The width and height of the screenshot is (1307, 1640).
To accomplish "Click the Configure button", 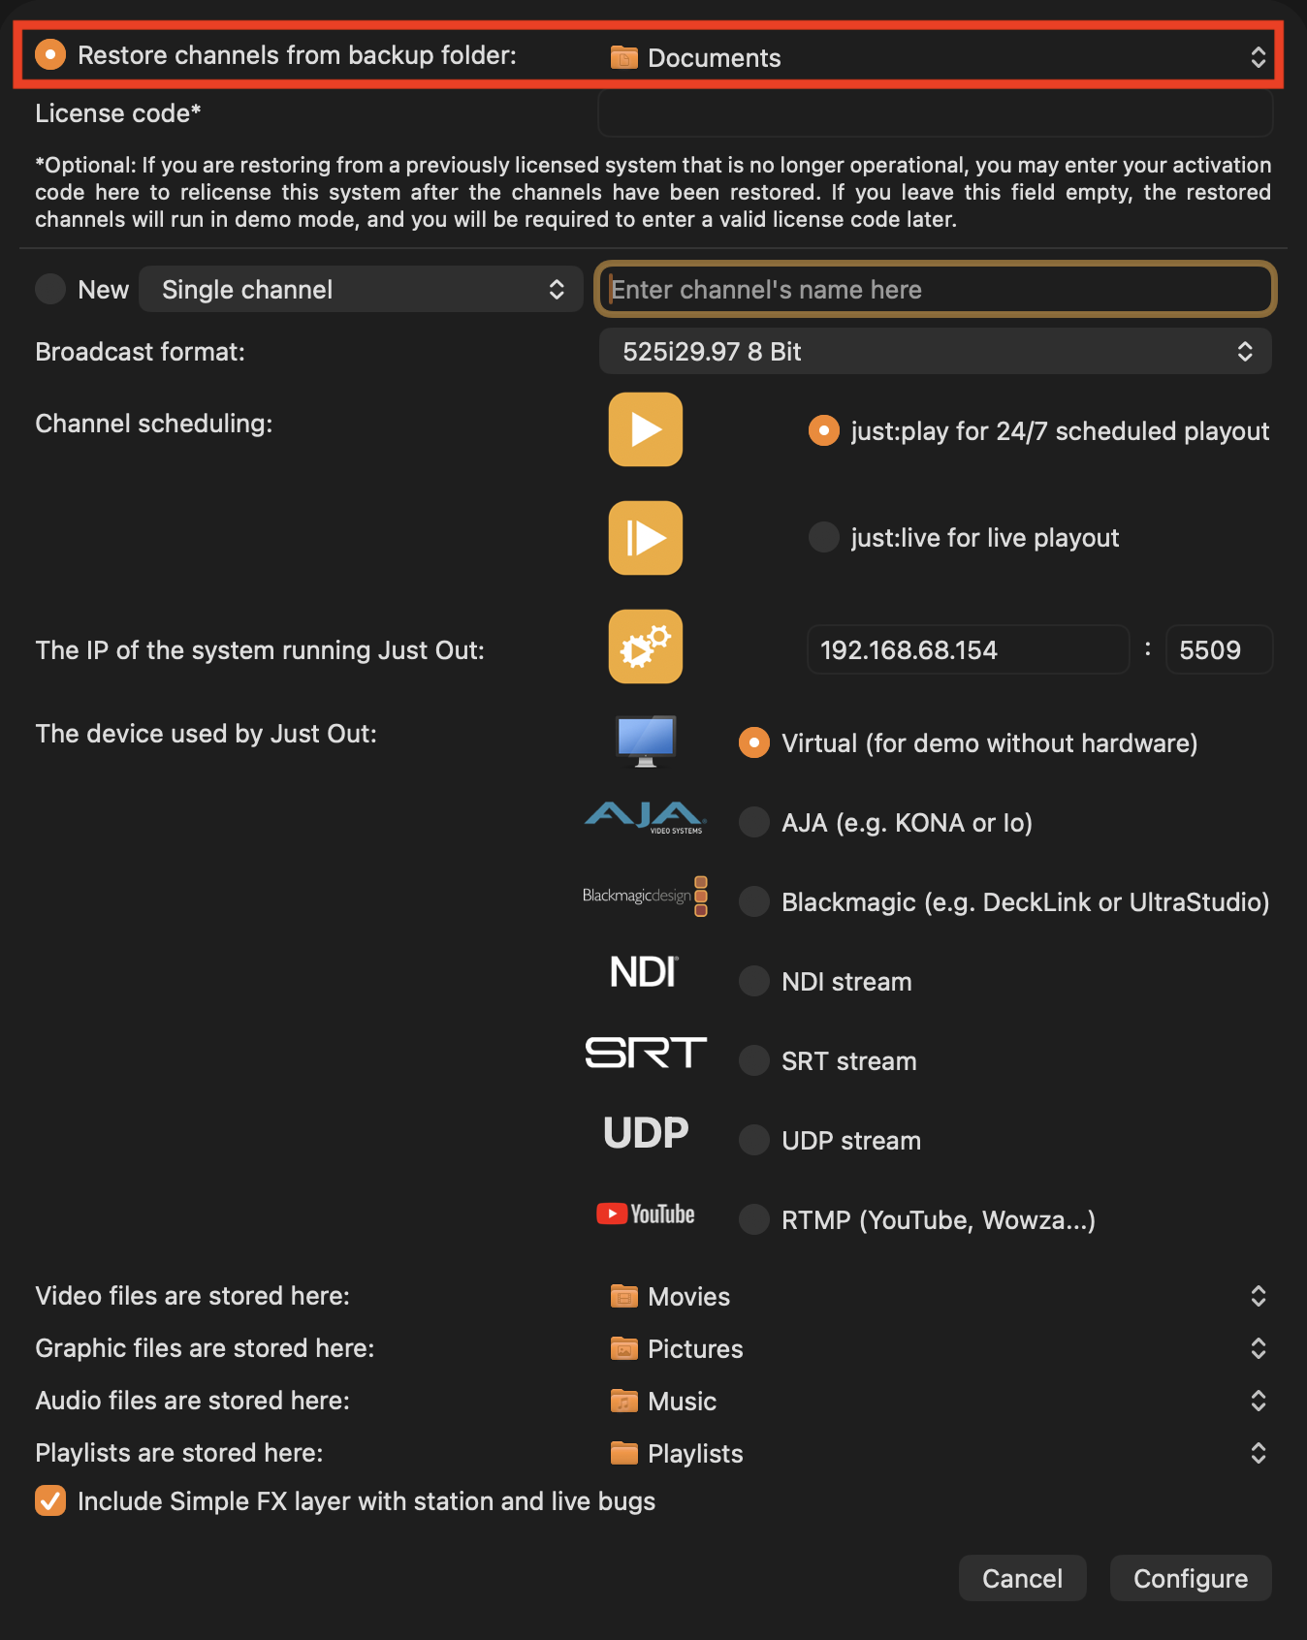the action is tap(1191, 1578).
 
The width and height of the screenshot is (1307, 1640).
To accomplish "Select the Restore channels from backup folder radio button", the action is tap(50, 54).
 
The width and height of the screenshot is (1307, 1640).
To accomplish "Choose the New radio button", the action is tap(50, 289).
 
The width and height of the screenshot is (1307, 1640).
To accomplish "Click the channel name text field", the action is tap(935, 289).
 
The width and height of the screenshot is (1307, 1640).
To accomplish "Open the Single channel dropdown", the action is tap(361, 289).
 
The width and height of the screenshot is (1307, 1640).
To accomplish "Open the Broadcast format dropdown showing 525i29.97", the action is tap(935, 351).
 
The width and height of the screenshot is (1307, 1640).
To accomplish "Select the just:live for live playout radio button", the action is tap(824, 537).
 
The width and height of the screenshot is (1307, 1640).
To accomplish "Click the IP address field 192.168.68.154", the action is tap(968, 649).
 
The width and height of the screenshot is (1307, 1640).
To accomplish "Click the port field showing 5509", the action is tap(1219, 649).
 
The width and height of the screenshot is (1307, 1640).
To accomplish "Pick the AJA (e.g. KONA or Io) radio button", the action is tap(754, 822).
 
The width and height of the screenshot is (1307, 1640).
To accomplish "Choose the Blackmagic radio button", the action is tap(754, 901).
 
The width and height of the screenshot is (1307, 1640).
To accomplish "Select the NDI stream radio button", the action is tap(754, 981).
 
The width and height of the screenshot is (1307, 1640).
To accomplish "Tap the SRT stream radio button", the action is tap(754, 1060).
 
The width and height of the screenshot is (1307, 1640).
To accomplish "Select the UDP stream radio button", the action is tap(754, 1140).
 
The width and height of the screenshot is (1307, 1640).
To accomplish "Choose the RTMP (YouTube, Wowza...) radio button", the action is tap(754, 1219).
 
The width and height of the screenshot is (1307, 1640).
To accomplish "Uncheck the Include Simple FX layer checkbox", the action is tap(50, 1500).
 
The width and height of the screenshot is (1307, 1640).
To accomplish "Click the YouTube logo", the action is tap(646, 1214).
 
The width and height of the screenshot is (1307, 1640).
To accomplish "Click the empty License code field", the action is tap(935, 113).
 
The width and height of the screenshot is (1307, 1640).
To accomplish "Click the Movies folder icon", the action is tap(624, 1296).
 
